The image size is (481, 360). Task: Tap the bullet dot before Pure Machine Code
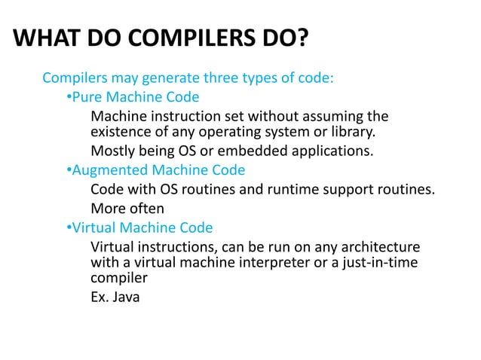(69, 97)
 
